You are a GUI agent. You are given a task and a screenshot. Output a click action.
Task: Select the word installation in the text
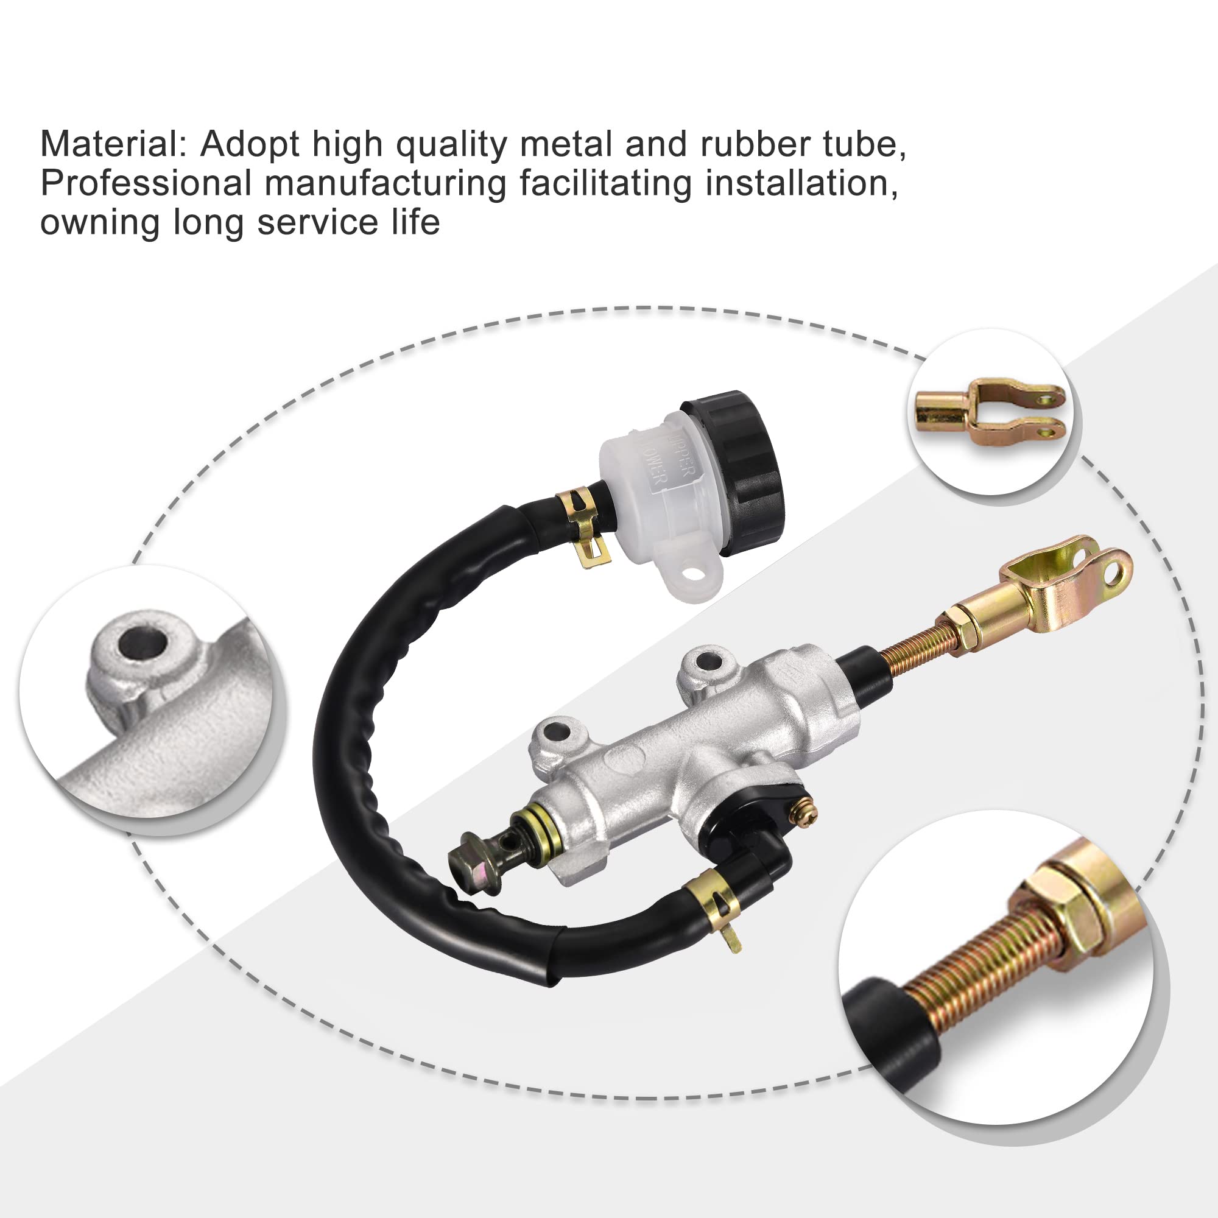[x=801, y=183]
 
